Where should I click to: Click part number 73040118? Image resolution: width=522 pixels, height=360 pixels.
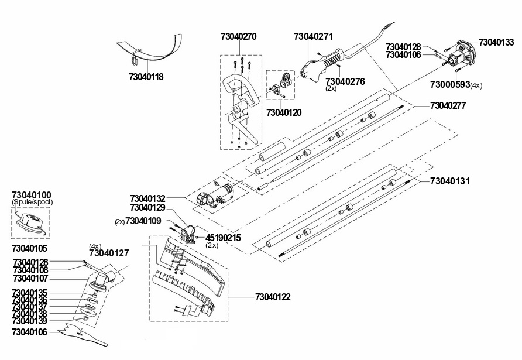(146, 77)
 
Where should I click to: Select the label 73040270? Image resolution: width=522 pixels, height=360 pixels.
(239, 37)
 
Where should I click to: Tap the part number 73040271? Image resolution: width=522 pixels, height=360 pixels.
(313, 37)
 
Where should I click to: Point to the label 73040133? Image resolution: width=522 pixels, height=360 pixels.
(496, 43)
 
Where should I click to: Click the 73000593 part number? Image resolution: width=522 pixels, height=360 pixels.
(450, 85)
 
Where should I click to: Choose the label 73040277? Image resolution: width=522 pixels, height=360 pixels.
(448, 106)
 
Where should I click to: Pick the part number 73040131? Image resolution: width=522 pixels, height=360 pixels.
(450, 181)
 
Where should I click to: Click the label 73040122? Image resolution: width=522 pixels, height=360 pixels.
(273, 297)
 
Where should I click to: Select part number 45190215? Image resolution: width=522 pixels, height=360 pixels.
(223, 238)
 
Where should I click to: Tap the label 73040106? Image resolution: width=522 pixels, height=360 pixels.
(30, 332)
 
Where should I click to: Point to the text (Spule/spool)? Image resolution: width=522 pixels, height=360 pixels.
(32, 202)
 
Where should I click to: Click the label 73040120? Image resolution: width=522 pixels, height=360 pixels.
(284, 113)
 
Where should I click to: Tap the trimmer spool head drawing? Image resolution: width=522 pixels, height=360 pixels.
(30, 222)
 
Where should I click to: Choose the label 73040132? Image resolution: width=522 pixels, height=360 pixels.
(147, 199)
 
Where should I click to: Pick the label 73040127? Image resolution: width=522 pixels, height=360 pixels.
(109, 253)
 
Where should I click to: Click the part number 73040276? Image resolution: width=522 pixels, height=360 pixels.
(345, 82)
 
